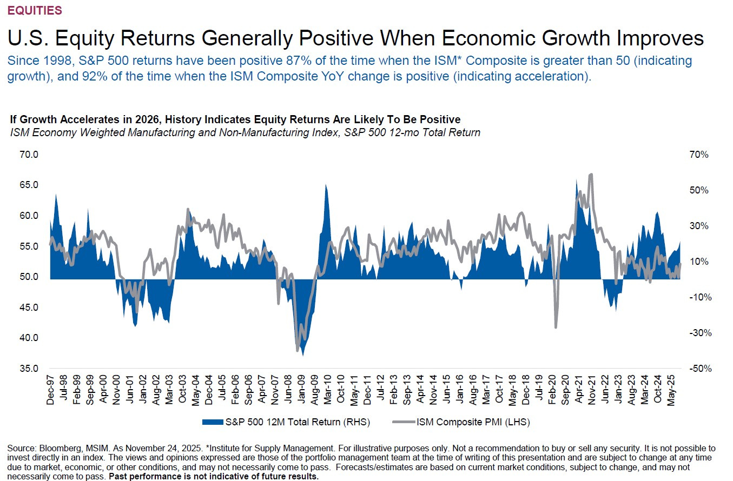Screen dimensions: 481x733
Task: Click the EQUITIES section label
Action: (x=34, y=10)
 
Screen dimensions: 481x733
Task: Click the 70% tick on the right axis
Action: (x=698, y=155)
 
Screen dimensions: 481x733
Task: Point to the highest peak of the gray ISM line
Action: (x=591, y=175)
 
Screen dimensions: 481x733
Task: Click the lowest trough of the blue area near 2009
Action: (x=303, y=355)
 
